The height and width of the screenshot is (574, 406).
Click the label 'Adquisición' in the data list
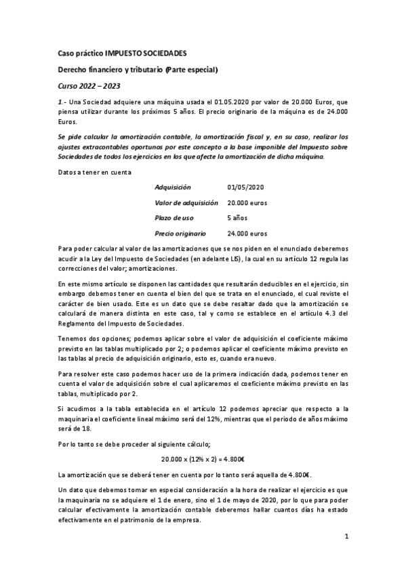coord(173,186)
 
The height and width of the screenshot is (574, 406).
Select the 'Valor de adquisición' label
coord(186,202)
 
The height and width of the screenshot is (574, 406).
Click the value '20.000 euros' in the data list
coord(247,202)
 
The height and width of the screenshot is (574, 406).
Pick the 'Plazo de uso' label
coord(175,218)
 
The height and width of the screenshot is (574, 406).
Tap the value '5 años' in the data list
coord(237,218)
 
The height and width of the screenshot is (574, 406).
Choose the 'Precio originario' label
coord(180,234)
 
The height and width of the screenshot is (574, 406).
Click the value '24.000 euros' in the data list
coord(247,234)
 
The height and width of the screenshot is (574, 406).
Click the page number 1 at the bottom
coord(346,538)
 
